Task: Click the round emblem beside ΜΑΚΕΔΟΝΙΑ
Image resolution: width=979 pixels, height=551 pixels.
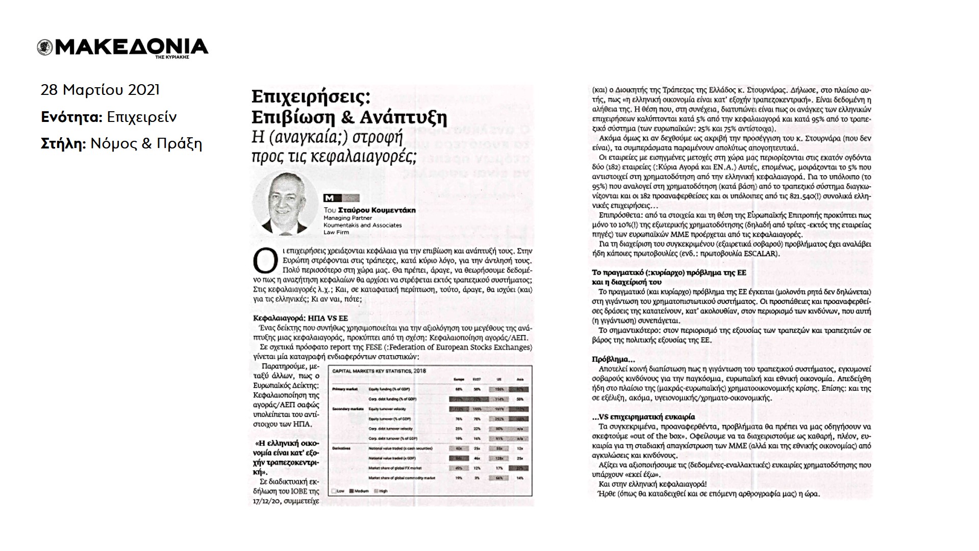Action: (45, 47)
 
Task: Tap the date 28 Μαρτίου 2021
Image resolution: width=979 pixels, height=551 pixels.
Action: (100, 90)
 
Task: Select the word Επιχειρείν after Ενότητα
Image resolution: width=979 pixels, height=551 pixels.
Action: (142, 117)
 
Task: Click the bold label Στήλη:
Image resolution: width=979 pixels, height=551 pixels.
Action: (63, 144)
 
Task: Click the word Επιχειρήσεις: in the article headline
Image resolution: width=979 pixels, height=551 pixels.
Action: (311, 97)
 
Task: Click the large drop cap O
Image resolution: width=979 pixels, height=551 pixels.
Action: (262, 261)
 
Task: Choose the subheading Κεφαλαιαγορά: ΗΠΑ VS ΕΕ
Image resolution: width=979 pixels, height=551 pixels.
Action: (300, 318)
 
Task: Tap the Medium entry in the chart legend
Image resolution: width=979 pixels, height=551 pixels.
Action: (361, 491)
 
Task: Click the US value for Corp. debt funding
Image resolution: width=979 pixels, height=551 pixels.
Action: (498, 399)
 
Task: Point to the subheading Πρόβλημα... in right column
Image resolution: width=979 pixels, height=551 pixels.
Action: (610, 359)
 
